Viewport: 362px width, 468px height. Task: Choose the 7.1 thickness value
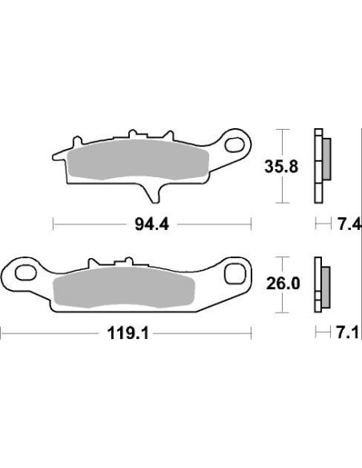(x=349, y=331)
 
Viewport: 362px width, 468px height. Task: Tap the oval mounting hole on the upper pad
(x=238, y=144)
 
